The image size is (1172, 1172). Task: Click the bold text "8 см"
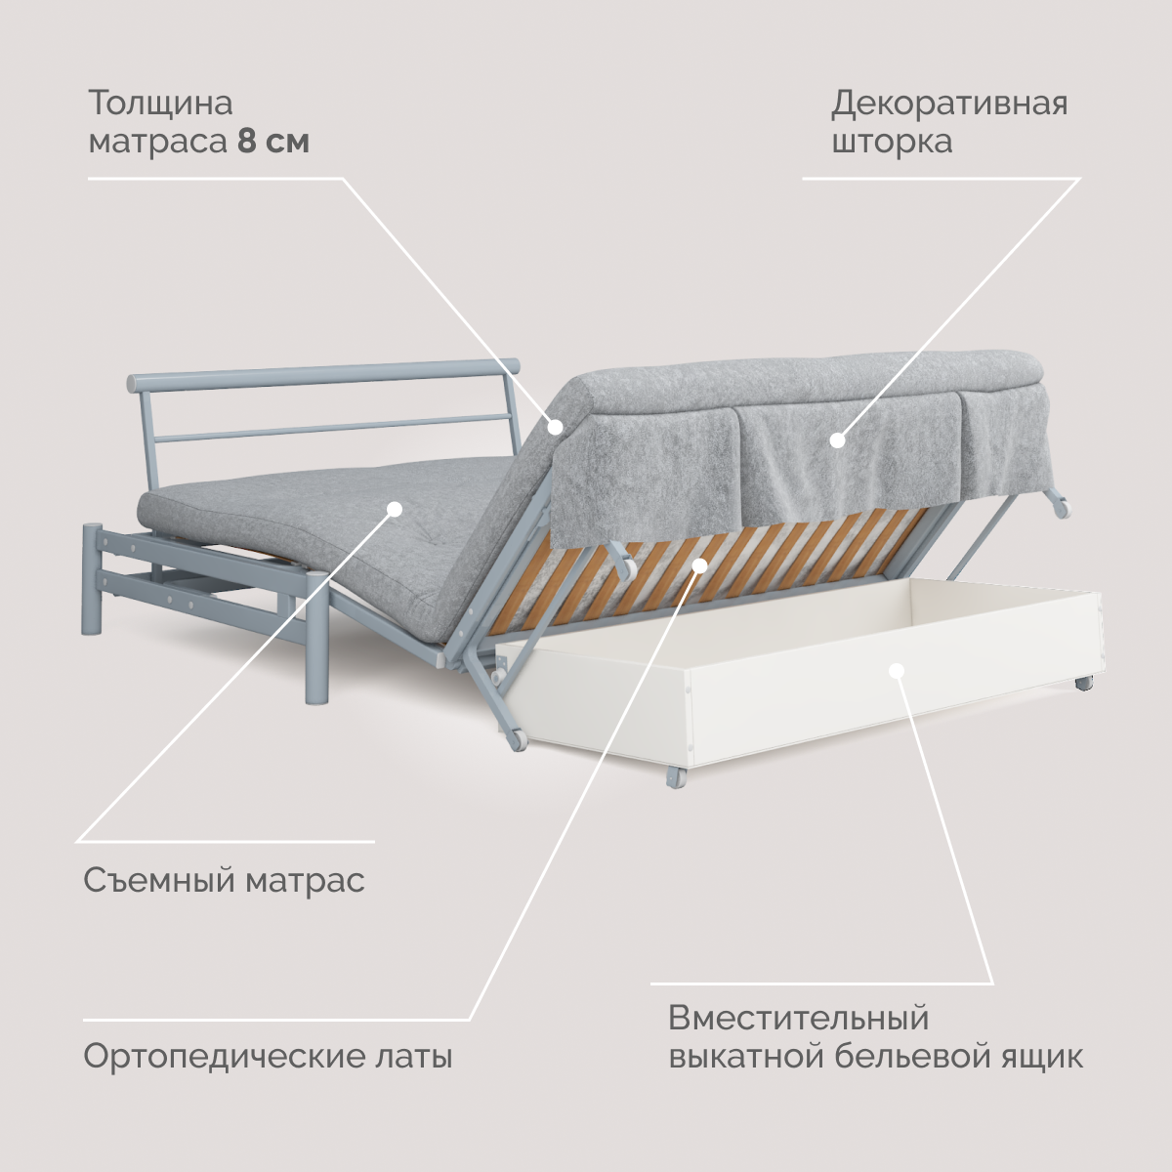click(273, 142)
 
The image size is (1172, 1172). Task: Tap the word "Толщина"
click(161, 103)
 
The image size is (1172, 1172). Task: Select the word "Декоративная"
click(949, 103)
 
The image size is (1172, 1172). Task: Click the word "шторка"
click(892, 142)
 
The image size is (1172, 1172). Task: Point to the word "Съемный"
click(158, 881)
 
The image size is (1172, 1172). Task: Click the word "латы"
click(414, 1057)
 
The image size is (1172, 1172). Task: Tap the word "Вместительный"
click(799, 1019)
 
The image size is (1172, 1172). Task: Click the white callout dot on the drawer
click(897, 670)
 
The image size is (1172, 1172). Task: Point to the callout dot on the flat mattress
click(395, 508)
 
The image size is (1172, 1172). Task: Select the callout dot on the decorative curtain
click(837, 440)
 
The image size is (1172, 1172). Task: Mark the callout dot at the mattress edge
click(555, 426)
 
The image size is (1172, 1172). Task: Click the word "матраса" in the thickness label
click(158, 142)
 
